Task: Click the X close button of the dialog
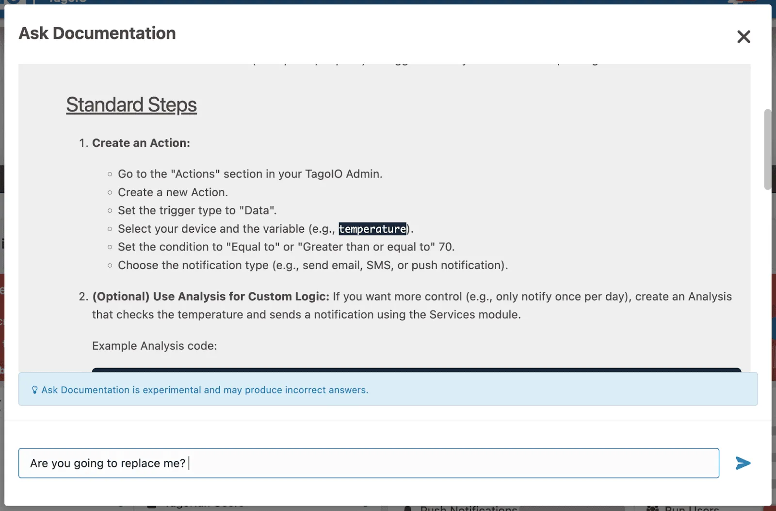pyautogui.click(x=744, y=36)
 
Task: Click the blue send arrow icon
pyautogui.click(x=743, y=463)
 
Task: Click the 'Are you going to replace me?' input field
pyautogui.click(x=369, y=463)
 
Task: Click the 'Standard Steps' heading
pyautogui.click(x=131, y=105)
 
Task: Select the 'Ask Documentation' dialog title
pyautogui.click(x=97, y=33)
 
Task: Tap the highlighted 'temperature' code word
pyautogui.click(x=372, y=229)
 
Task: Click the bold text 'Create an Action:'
pyautogui.click(x=141, y=143)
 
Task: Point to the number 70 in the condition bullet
pyautogui.click(x=446, y=247)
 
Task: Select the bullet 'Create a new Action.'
pyautogui.click(x=173, y=192)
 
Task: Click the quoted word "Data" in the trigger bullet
pyautogui.click(x=258, y=210)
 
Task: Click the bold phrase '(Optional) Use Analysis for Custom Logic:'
pyautogui.click(x=210, y=296)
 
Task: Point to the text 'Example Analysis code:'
pyautogui.click(x=155, y=346)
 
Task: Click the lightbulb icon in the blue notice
pyautogui.click(x=34, y=390)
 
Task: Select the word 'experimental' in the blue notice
pyautogui.click(x=172, y=390)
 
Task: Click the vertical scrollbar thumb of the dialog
pyautogui.click(x=767, y=149)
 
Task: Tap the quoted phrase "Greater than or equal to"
pyautogui.click(x=366, y=247)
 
